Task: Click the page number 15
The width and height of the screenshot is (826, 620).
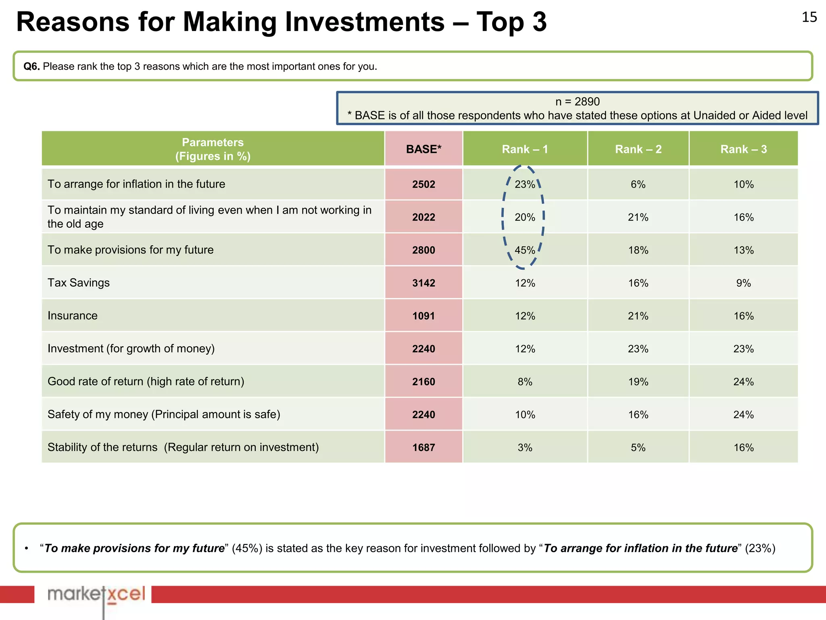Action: click(809, 17)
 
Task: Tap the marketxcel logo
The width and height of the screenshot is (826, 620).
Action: click(96, 595)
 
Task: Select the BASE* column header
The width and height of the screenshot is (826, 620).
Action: click(423, 149)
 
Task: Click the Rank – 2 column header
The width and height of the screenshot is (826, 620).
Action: click(638, 149)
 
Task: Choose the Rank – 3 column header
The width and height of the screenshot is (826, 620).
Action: click(743, 149)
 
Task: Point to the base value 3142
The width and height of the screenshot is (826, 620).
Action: click(423, 283)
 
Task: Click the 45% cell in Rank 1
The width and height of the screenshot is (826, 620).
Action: click(525, 250)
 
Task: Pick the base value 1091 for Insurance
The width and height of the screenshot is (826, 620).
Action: click(423, 316)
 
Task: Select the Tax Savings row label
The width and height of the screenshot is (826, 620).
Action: click(79, 283)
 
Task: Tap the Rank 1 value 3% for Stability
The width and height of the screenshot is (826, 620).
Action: click(525, 448)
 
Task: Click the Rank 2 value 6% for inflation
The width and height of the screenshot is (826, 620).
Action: click(638, 184)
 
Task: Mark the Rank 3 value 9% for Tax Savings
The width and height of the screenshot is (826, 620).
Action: click(743, 283)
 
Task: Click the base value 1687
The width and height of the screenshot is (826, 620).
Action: click(423, 448)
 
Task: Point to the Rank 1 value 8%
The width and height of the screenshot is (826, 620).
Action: click(525, 382)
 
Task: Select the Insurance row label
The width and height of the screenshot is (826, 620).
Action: click(73, 316)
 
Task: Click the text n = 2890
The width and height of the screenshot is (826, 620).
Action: click(577, 102)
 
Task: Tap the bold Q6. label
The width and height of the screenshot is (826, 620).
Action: click(31, 67)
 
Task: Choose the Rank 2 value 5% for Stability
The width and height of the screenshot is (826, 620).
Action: click(638, 448)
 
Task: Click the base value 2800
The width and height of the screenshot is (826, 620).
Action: click(423, 250)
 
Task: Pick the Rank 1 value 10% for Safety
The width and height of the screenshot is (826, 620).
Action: click(525, 415)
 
